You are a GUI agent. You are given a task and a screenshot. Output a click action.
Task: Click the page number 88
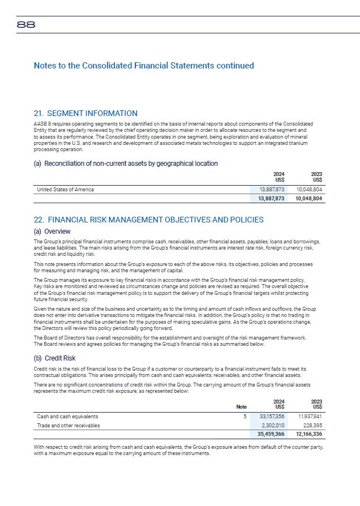(26, 25)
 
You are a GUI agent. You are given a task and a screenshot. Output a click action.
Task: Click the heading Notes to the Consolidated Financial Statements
(144, 66)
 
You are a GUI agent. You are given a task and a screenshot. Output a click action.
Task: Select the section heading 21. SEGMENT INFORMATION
(85, 114)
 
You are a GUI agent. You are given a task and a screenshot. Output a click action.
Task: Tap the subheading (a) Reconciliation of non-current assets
(126, 164)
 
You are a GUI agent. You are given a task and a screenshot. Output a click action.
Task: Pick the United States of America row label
(65, 190)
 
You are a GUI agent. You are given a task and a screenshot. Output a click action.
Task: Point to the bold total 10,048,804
(308, 199)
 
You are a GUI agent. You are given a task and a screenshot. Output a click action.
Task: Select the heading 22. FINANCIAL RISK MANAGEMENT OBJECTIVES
(148, 220)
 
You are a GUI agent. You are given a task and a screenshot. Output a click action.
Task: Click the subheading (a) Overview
(52, 231)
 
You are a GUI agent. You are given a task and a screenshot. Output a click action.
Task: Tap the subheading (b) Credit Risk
(55, 358)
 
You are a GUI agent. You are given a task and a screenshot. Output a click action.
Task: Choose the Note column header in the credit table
(242, 407)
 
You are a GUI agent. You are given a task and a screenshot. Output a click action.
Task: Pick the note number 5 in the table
(245, 416)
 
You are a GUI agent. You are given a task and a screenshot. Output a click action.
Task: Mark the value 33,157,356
(272, 416)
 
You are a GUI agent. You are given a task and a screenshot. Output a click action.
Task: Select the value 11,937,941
(310, 416)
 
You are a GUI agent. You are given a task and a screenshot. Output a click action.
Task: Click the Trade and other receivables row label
(68, 425)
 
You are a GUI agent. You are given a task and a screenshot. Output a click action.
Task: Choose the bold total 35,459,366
(271, 434)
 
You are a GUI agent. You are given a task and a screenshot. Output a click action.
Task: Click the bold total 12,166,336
(308, 434)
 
